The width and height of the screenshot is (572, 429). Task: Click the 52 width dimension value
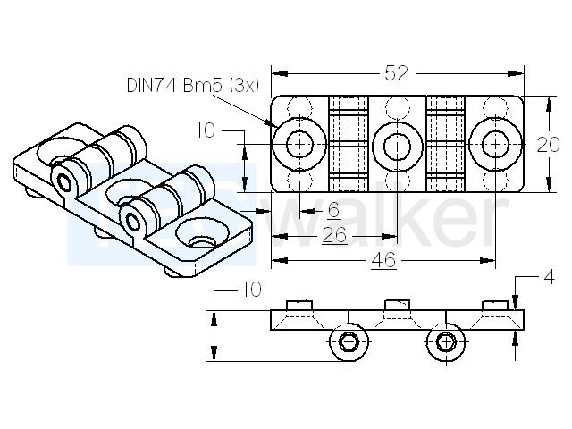coord(397,73)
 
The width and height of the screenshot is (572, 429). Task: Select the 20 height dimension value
coord(548,145)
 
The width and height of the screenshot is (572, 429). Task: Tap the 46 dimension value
coord(383,260)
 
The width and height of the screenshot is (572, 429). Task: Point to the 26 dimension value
coord(334,235)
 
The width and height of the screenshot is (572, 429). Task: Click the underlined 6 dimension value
coord(333,210)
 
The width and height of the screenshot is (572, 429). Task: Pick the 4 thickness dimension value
coord(549,277)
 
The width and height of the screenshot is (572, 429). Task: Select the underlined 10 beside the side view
coord(252,290)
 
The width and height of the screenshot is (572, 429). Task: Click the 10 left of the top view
coord(206,130)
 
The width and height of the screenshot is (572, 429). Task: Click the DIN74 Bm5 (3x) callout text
coord(193,86)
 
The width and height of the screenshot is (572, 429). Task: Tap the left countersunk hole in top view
coord(299,145)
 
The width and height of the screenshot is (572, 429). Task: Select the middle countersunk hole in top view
coord(397,146)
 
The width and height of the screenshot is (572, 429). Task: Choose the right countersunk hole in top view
coord(495,145)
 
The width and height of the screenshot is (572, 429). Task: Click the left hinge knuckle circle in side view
coord(349,341)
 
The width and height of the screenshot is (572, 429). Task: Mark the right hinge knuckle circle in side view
coord(446,341)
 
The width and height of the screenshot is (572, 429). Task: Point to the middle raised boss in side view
coord(397,305)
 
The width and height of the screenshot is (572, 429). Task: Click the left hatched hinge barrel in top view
coord(348,144)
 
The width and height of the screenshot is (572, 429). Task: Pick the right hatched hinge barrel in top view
coord(445,144)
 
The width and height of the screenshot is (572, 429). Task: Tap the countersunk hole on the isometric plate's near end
coord(202,234)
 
